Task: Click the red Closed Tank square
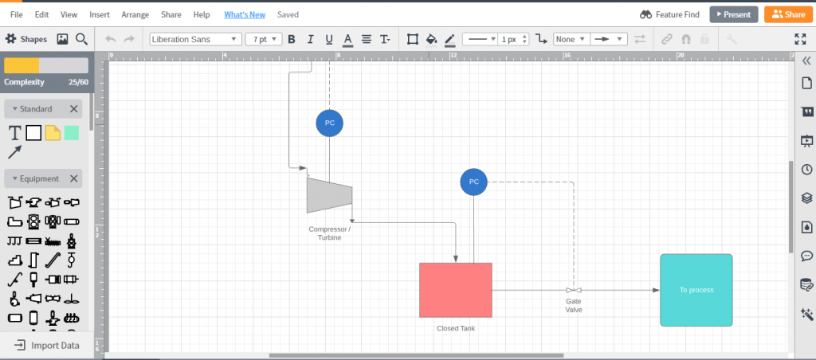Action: pyautogui.click(x=455, y=290)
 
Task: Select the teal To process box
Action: pyautogui.click(x=696, y=290)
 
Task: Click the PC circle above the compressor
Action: pyautogui.click(x=329, y=123)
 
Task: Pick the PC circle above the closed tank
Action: pyautogui.click(x=473, y=182)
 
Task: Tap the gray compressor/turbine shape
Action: pyautogui.click(x=329, y=195)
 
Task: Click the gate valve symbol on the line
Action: pyautogui.click(x=574, y=290)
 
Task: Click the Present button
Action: pyautogui.click(x=734, y=14)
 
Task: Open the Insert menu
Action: pyautogui.click(x=100, y=14)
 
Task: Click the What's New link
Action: pyautogui.click(x=245, y=14)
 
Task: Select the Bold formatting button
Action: pyautogui.click(x=292, y=39)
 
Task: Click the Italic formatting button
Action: pyautogui.click(x=311, y=39)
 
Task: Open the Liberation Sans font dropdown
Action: pyautogui.click(x=196, y=39)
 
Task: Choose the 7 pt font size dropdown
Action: pyautogui.click(x=264, y=39)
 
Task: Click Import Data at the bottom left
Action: pyautogui.click(x=47, y=346)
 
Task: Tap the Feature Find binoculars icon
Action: pyautogui.click(x=645, y=14)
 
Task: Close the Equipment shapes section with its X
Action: pyautogui.click(x=74, y=178)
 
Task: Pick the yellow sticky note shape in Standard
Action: pyautogui.click(x=53, y=133)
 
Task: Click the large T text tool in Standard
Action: pyautogui.click(x=14, y=133)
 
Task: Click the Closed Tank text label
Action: pyautogui.click(x=455, y=328)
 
